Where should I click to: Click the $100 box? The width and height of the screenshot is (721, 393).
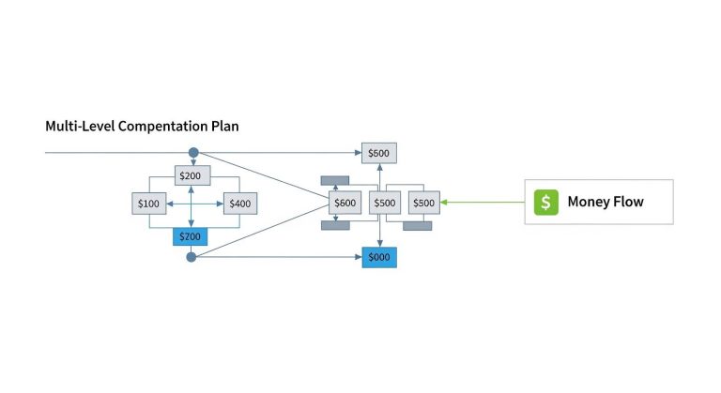(149, 204)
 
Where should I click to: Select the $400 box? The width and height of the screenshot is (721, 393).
(240, 204)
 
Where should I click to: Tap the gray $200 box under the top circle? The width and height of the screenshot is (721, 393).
(192, 175)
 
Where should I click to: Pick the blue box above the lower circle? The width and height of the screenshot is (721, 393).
(190, 236)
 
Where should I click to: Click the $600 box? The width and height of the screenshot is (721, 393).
(345, 203)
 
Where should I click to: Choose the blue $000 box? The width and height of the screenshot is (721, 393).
(379, 257)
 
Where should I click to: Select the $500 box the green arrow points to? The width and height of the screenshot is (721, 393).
(424, 203)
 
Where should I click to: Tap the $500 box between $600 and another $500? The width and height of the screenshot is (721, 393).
(384, 203)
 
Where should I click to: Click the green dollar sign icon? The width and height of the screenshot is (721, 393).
(546, 203)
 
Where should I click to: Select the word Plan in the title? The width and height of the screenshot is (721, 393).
(225, 126)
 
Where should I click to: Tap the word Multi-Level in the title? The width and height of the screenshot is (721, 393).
(80, 126)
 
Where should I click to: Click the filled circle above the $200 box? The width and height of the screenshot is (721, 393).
(193, 153)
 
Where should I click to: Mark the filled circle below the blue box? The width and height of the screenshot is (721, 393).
(192, 257)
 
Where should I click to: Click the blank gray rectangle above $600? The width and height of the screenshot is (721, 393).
(335, 181)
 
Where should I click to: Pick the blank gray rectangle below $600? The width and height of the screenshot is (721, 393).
(335, 226)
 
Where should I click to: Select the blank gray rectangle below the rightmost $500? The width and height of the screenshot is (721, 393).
(418, 226)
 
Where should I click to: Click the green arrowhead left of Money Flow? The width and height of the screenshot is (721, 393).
(444, 203)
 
